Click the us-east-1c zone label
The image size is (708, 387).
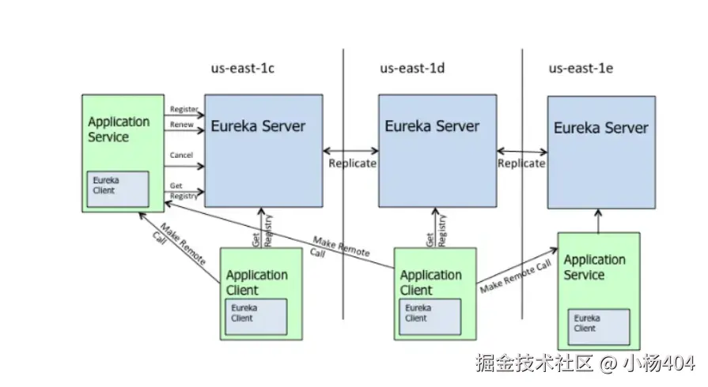click(x=243, y=68)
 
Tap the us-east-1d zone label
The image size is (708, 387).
click(x=412, y=68)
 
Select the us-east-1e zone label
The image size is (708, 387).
click(x=581, y=68)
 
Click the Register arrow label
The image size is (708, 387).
click(x=184, y=109)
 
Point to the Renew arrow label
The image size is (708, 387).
click(x=181, y=125)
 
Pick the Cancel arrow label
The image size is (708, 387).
click(x=181, y=155)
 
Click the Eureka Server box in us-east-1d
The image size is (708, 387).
click(x=437, y=151)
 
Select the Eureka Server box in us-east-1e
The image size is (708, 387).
click(x=601, y=152)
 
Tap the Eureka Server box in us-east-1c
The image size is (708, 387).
click(x=263, y=151)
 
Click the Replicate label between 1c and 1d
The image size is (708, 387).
click(x=352, y=163)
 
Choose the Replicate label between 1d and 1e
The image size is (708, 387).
click(x=521, y=163)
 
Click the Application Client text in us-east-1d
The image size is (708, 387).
click(x=431, y=283)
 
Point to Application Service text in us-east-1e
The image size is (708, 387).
click(x=595, y=267)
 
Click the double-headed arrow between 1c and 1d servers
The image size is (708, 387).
click(x=351, y=151)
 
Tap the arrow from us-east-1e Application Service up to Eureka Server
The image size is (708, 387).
click(x=598, y=221)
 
